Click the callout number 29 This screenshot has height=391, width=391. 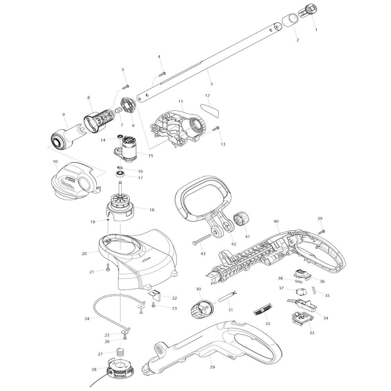point(212,367)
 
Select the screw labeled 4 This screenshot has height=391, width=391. point(162,74)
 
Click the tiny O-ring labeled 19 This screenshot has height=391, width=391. point(108,220)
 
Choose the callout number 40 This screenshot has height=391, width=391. point(276,221)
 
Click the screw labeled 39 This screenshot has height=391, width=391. point(321,231)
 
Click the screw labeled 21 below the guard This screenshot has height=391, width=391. point(108,267)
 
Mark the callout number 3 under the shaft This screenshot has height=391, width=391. point(212,84)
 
